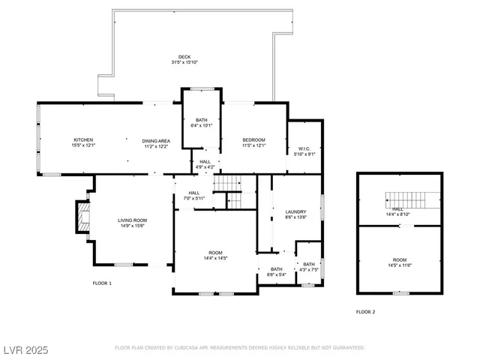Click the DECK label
click(x=184, y=57)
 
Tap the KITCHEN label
click(x=82, y=139)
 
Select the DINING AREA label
click(x=156, y=140)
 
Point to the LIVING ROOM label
click(x=130, y=220)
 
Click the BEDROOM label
click(x=253, y=140)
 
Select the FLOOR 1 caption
click(x=102, y=283)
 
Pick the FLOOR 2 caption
click(x=365, y=310)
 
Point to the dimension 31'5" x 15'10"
click(x=184, y=62)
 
